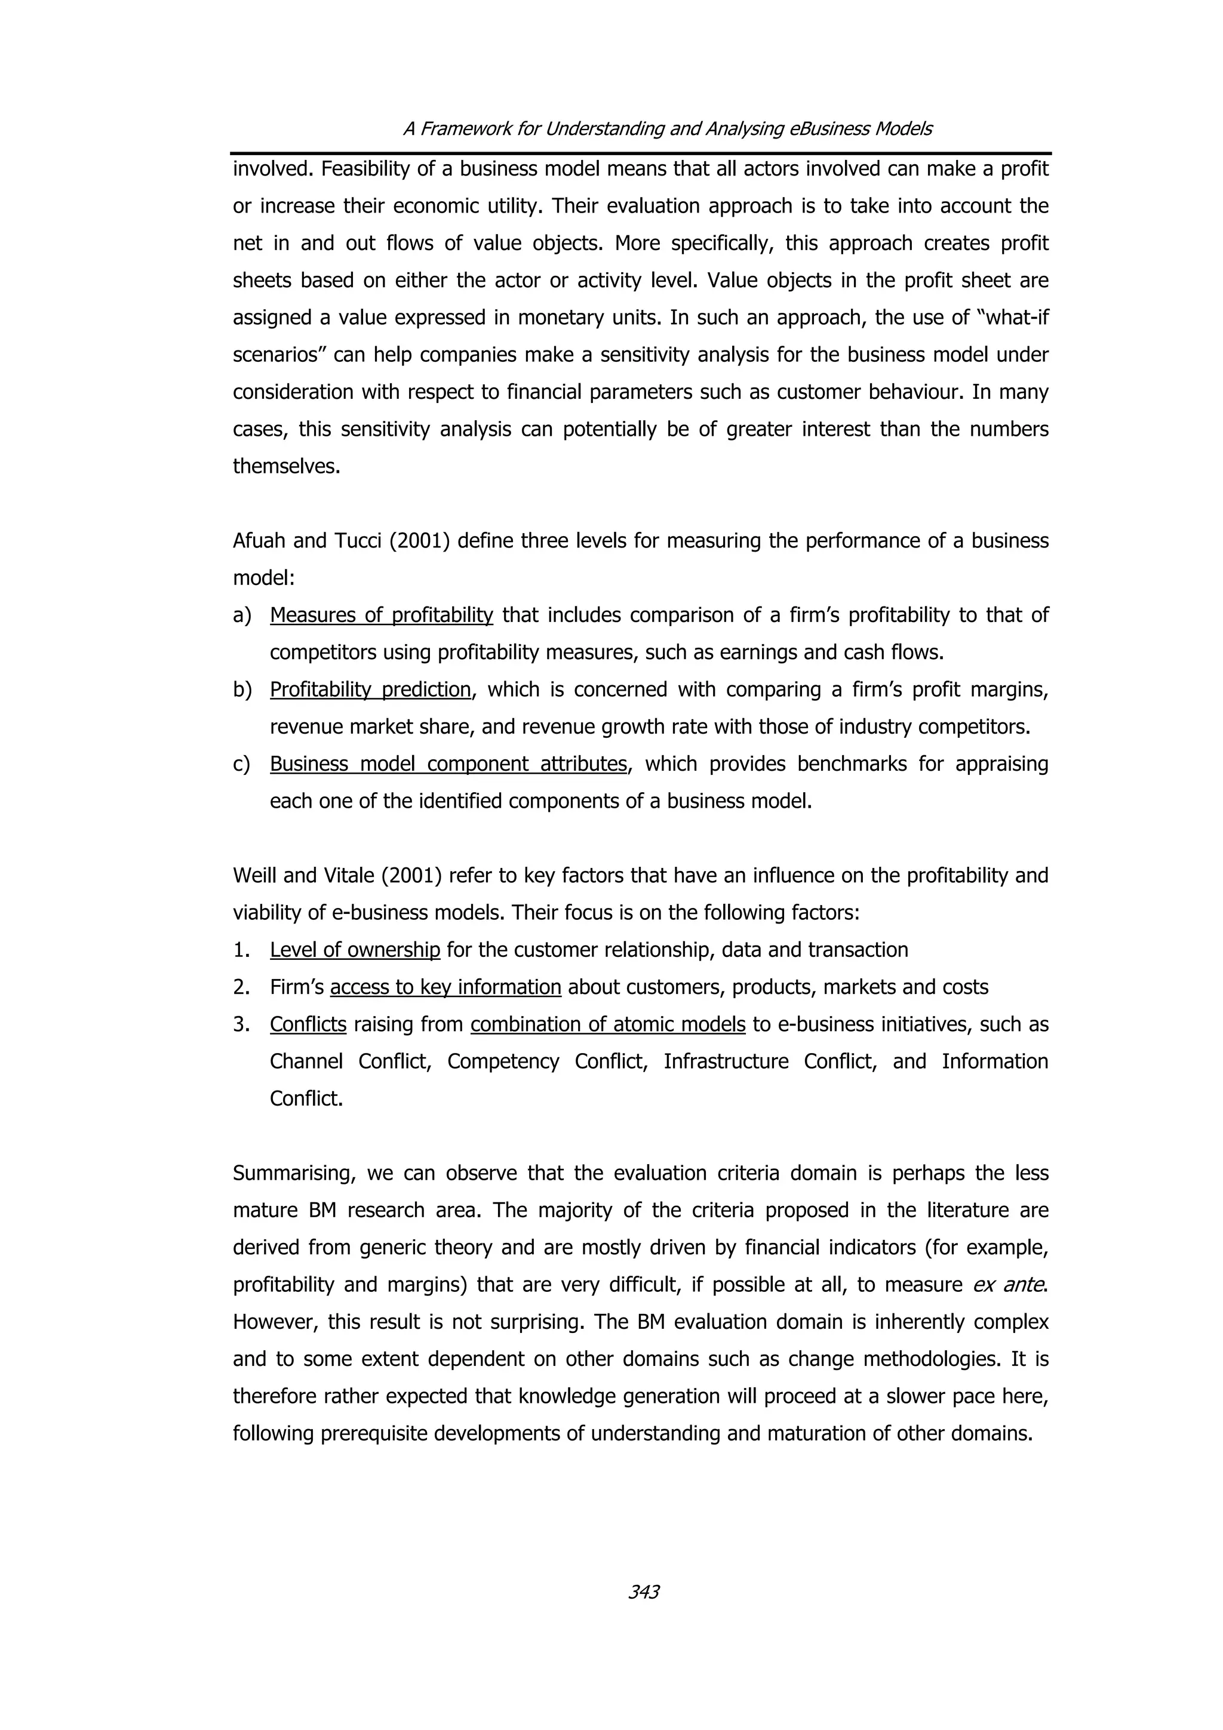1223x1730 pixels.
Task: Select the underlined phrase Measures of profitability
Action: pyautogui.click(x=382, y=615)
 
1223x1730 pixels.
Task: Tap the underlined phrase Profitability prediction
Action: pyautogui.click(x=370, y=689)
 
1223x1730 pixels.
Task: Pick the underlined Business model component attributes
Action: pyautogui.click(x=448, y=764)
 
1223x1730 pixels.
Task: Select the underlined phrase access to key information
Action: pyautogui.click(x=445, y=987)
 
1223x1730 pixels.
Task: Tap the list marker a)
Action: pyautogui.click(x=242, y=615)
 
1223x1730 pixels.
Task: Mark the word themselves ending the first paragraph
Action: pyautogui.click(x=287, y=466)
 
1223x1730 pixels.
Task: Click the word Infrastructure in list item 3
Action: pyautogui.click(x=725, y=1061)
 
